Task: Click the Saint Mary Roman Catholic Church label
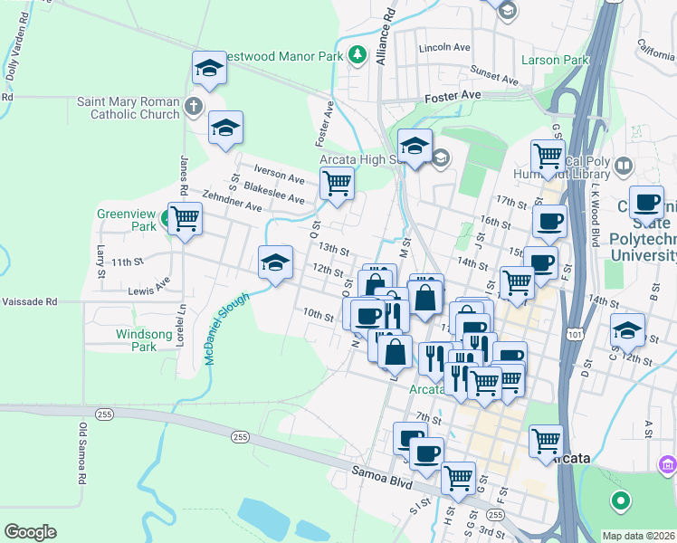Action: pyautogui.click(x=128, y=108)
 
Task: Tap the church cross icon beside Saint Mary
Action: pyautogui.click(x=193, y=107)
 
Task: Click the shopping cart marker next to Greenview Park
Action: pyautogui.click(x=185, y=218)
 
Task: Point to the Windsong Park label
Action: pyautogui.click(x=137, y=340)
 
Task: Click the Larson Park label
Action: pyautogui.click(x=555, y=61)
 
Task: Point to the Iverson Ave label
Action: pyautogui.click(x=280, y=176)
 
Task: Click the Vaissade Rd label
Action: pyautogui.click(x=29, y=301)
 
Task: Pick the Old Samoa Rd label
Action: pyautogui.click(x=82, y=452)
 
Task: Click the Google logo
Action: pyautogui.click(x=30, y=532)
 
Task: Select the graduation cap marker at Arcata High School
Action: pyautogui.click(x=415, y=145)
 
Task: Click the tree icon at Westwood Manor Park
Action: pyautogui.click(x=358, y=54)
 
